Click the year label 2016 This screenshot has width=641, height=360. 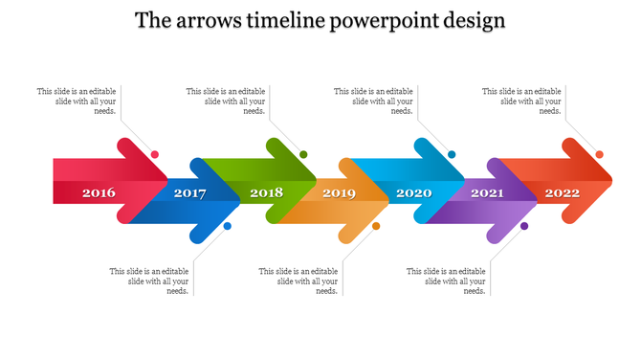tap(99, 193)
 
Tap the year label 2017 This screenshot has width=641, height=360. tap(189, 193)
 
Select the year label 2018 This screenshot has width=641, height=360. tap(266, 193)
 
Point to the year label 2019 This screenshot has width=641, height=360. tap(339, 193)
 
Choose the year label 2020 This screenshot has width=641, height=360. tap(414, 193)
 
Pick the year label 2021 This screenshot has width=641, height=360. tap(487, 193)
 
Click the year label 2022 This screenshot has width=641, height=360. tap(563, 193)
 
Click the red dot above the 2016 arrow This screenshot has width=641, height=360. tap(155, 154)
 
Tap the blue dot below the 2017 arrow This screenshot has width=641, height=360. tap(228, 226)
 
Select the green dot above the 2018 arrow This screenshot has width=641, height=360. tap(303, 154)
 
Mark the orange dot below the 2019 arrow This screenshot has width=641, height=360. tap(376, 226)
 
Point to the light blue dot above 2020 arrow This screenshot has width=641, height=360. tap(452, 154)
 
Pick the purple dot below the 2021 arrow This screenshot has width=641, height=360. tap(524, 226)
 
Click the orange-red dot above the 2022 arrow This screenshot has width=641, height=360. tap(600, 154)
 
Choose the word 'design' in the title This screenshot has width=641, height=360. tap(473, 20)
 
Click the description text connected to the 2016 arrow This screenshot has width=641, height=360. tap(77, 101)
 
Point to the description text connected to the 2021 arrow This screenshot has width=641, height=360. tap(447, 281)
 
